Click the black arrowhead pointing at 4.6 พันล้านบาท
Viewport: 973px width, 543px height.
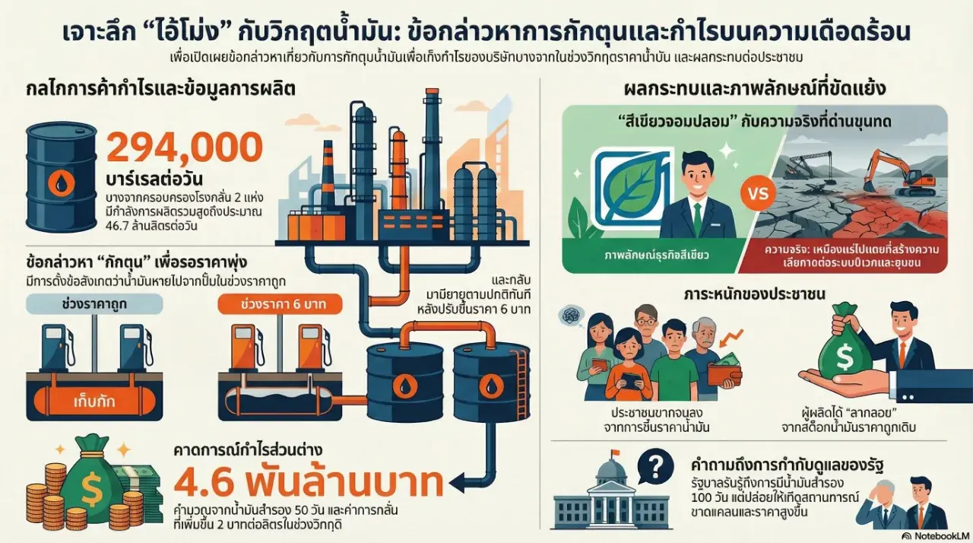(x=458, y=481)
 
